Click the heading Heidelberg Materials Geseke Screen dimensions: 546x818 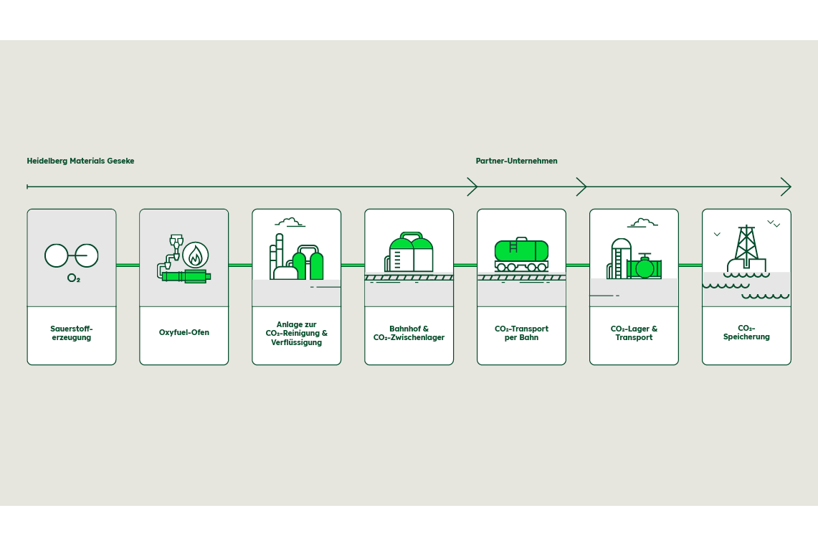pos(80,161)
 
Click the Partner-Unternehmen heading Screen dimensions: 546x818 pos(516,161)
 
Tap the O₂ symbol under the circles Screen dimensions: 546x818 pos(74,278)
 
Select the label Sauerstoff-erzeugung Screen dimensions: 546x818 pos(72,333)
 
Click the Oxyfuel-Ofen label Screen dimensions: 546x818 pos(184,333)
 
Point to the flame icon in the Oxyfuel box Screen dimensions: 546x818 pos(195,255)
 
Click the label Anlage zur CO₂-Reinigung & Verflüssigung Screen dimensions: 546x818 pos(297,334)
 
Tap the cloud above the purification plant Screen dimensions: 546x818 pos(289,222)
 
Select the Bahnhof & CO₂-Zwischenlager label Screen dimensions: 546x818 pos(409,333)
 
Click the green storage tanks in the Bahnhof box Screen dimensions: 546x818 pos(412,254)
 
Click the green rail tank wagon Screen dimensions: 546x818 pos(521,251)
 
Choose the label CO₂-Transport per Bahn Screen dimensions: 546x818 pos(521,333)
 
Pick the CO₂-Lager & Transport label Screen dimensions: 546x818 pos(634,333)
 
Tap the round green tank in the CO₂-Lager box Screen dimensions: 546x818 pos(645,268)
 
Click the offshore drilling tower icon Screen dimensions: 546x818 pos(746,248)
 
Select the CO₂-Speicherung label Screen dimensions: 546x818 pos(746,332)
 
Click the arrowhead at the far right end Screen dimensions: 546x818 pos(786,187)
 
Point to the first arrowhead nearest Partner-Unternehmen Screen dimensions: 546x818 pos(472,187)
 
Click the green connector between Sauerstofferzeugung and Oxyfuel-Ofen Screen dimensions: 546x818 pos(128,265)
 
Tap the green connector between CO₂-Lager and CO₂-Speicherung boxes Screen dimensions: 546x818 pos(690,265)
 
